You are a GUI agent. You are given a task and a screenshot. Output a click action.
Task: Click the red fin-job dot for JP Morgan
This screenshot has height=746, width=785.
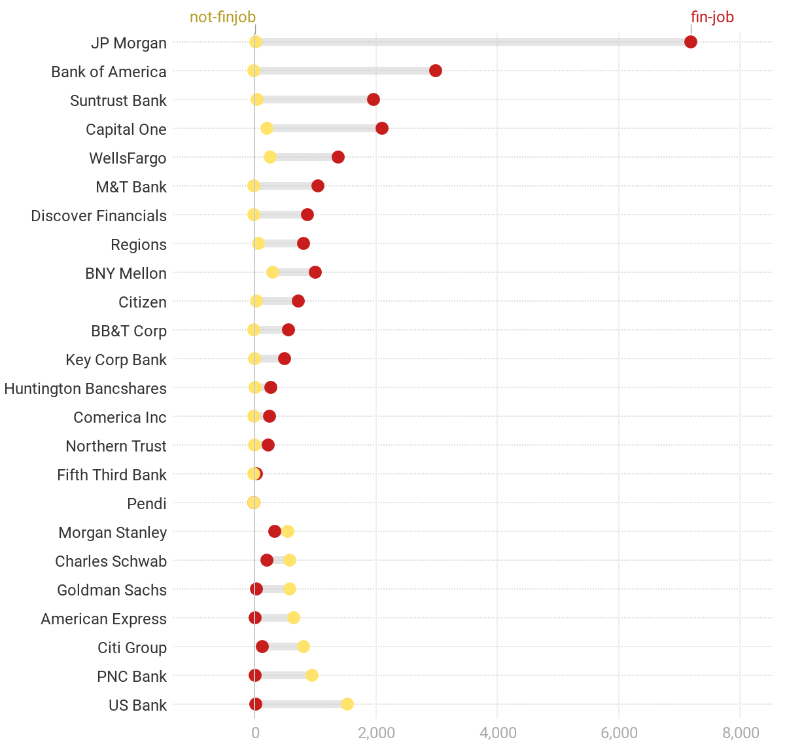(x=690, y=42)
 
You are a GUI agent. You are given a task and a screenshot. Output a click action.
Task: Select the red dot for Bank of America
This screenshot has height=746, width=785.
(x=435, y=71)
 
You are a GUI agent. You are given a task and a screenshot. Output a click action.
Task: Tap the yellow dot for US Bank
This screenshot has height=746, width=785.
(x=347, y=704)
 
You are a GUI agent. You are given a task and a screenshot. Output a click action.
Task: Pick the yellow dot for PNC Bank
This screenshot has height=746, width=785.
(x=311, y=675)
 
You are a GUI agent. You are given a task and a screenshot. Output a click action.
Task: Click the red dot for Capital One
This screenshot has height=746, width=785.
(x=381, y=128)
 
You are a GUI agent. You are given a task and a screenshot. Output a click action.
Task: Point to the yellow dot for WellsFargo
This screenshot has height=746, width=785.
(x=270, y=157)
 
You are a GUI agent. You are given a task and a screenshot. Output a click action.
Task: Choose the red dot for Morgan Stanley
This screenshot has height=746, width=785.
(x=274, y=531)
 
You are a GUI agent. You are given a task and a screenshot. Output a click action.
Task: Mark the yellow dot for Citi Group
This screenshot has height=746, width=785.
(x=303, y=647)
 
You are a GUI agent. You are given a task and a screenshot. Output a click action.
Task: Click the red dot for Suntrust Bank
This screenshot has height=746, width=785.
(x=373, y=99)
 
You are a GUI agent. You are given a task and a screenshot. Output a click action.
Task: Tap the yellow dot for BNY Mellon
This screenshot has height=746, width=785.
(x=272, y=272)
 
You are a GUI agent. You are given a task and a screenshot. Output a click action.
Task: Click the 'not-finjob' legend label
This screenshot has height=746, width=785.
(x=222, y=18)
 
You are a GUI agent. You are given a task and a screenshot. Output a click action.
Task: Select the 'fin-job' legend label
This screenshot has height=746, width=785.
(x=712, y=18)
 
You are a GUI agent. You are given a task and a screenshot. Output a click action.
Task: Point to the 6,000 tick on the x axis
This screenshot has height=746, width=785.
(x=619, y=733)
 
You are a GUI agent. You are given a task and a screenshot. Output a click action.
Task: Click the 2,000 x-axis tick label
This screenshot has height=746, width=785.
(x=376, y=733)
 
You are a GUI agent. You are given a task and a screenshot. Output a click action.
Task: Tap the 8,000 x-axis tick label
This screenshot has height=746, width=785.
(x=740, y=733)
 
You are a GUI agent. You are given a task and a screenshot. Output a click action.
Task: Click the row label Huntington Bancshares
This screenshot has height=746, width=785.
(x=85, y=389)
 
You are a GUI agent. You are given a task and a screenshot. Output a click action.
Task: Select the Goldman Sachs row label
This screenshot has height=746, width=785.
(x=112, y=590)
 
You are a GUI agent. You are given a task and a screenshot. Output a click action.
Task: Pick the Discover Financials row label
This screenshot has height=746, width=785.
(x=99, y=216)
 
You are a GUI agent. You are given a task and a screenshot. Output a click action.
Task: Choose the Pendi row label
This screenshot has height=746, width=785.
(x=147, y=504)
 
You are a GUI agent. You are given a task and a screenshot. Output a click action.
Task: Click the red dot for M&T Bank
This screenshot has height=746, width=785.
(x=317, y=186)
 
